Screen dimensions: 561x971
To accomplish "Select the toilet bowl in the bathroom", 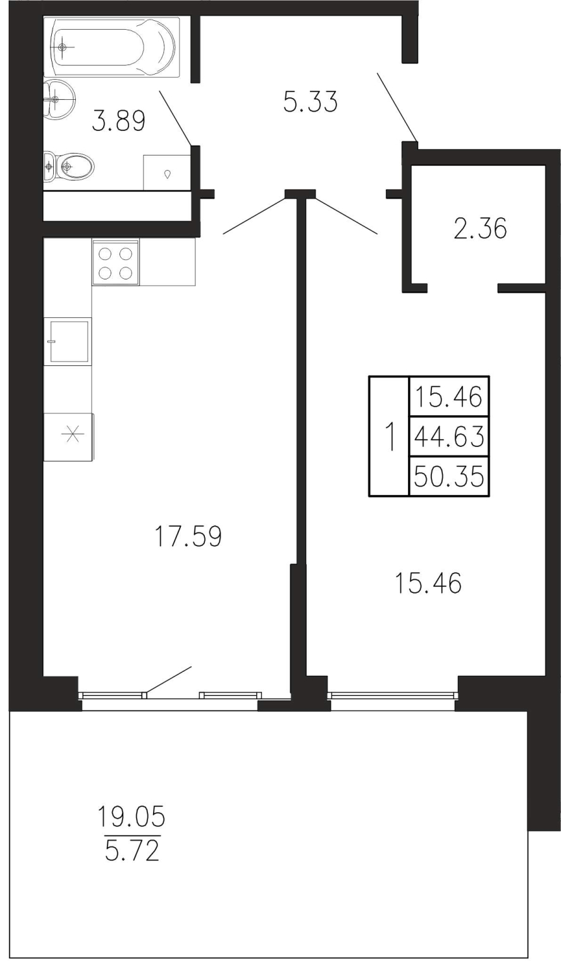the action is pos(70,165).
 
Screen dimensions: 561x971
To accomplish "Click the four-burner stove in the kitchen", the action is pos(115,262).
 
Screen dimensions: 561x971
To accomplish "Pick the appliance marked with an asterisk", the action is pos(70,437).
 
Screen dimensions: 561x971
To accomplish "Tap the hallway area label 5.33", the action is pos(311,103).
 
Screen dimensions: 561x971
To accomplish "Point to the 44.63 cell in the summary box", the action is pos(449,437).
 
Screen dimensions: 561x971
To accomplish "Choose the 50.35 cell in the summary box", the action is pos(449,476).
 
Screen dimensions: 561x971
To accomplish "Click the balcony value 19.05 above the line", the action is pos(132,816).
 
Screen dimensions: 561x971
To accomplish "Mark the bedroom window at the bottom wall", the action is pos(393,695).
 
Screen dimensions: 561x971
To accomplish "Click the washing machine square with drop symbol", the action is pos(168,173).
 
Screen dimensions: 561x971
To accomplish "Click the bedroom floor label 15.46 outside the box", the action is pos(428,583).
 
